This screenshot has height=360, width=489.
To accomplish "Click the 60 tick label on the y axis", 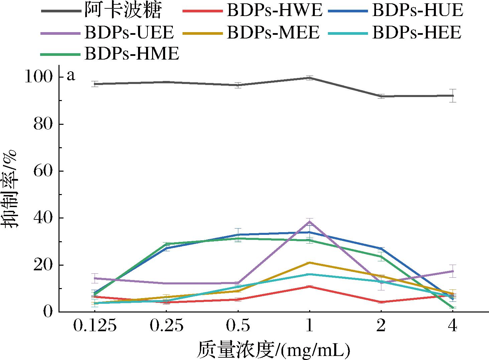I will [43, 171].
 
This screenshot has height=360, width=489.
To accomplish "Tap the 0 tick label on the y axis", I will [48, 312].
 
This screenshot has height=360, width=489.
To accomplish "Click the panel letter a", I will [71, 76].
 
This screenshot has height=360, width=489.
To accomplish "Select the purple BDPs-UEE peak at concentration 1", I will [310, 221].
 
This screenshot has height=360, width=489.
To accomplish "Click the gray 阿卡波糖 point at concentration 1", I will [310, 78].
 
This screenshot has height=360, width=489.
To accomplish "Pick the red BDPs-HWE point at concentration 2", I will [381, 302].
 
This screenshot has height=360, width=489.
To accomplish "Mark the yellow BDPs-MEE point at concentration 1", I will [310, 263].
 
